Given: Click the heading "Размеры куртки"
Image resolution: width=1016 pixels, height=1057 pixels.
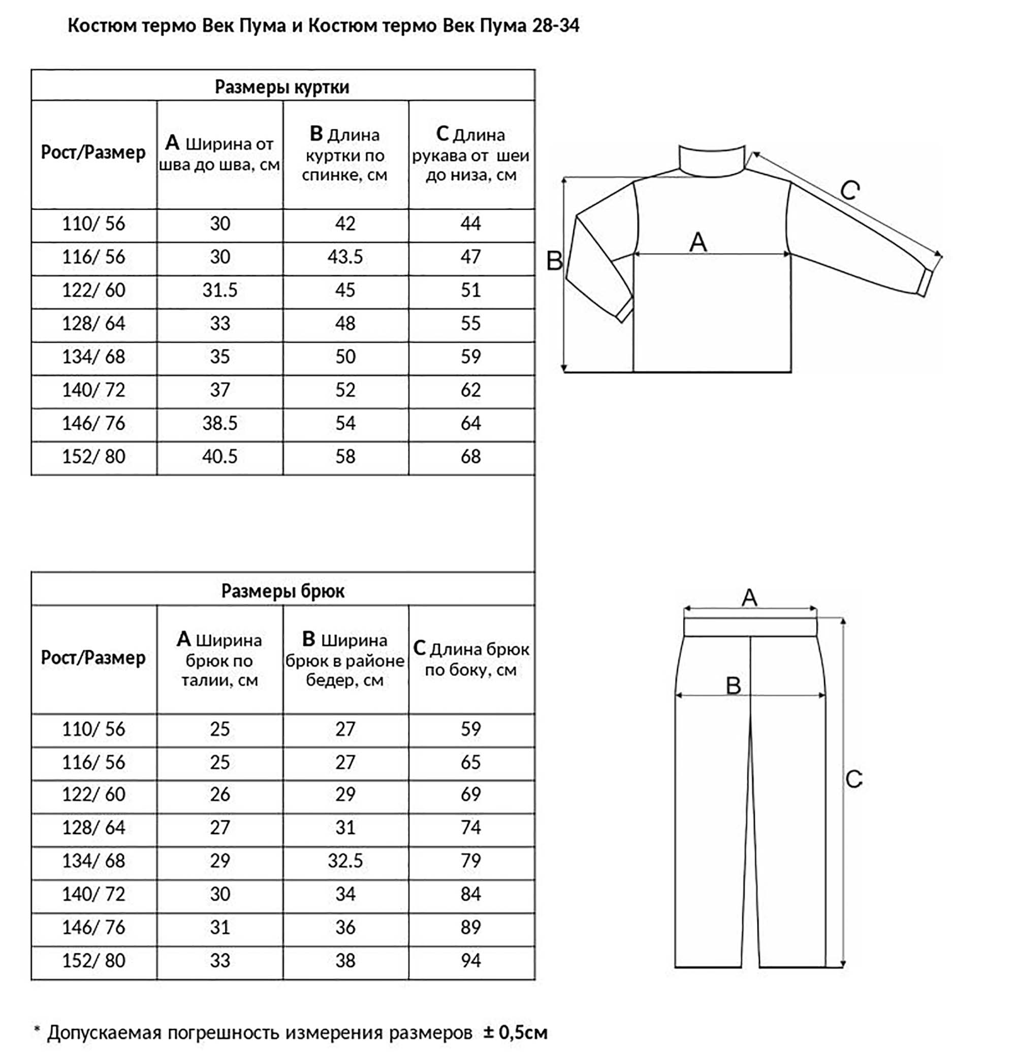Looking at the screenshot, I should (x=282, y=87).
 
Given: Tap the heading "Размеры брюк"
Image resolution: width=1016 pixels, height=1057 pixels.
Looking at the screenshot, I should (x=282, y=591).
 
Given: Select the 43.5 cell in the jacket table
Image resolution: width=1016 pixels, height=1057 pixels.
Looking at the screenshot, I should (x=345, y=257).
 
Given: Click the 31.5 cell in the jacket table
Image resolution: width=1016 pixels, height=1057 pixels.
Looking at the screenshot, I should (x=219, y=290).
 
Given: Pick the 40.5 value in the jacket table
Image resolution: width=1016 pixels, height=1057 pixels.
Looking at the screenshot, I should (x=219, y=456).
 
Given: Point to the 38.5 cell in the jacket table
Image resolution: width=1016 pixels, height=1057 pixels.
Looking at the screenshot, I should (x=219, y=423).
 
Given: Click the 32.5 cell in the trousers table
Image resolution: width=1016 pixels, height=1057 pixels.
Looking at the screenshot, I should (x=345, y=861).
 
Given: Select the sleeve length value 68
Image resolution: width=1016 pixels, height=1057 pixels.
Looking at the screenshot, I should (x=471, y=456).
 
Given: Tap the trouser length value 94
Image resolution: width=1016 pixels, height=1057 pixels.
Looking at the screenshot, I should (x=471, y=960).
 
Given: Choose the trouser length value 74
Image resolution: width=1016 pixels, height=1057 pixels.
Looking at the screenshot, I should (x=471, y=827).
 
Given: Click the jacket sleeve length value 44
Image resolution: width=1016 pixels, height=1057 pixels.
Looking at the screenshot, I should (x=471, y=223).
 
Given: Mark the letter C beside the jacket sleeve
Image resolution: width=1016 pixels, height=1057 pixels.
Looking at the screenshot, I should (x=850, y=190).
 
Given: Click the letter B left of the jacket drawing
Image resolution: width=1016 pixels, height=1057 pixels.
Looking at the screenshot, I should (x=554, y=261).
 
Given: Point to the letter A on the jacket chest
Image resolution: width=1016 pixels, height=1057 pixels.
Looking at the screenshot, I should (x=698, y=242).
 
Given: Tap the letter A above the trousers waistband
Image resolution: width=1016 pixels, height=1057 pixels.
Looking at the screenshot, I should (x=750, y=597).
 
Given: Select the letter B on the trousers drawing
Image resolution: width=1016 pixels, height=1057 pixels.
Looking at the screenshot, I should (x=734, y=685).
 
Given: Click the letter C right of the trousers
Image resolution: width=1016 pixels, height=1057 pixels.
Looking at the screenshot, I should (x=853, y=779).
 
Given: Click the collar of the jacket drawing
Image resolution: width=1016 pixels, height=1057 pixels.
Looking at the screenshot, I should (x=712, y=159).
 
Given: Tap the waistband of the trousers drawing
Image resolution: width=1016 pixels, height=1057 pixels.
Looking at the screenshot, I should (x=751, y=627).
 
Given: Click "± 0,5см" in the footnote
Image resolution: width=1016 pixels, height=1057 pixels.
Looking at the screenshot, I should (x=515, y=1032).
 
